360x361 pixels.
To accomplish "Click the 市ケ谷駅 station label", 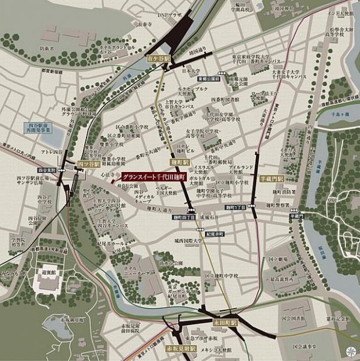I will click(159, 60).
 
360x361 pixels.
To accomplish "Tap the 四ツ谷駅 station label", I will click(88, 163).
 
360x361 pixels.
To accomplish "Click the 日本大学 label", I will click(191, 70).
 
